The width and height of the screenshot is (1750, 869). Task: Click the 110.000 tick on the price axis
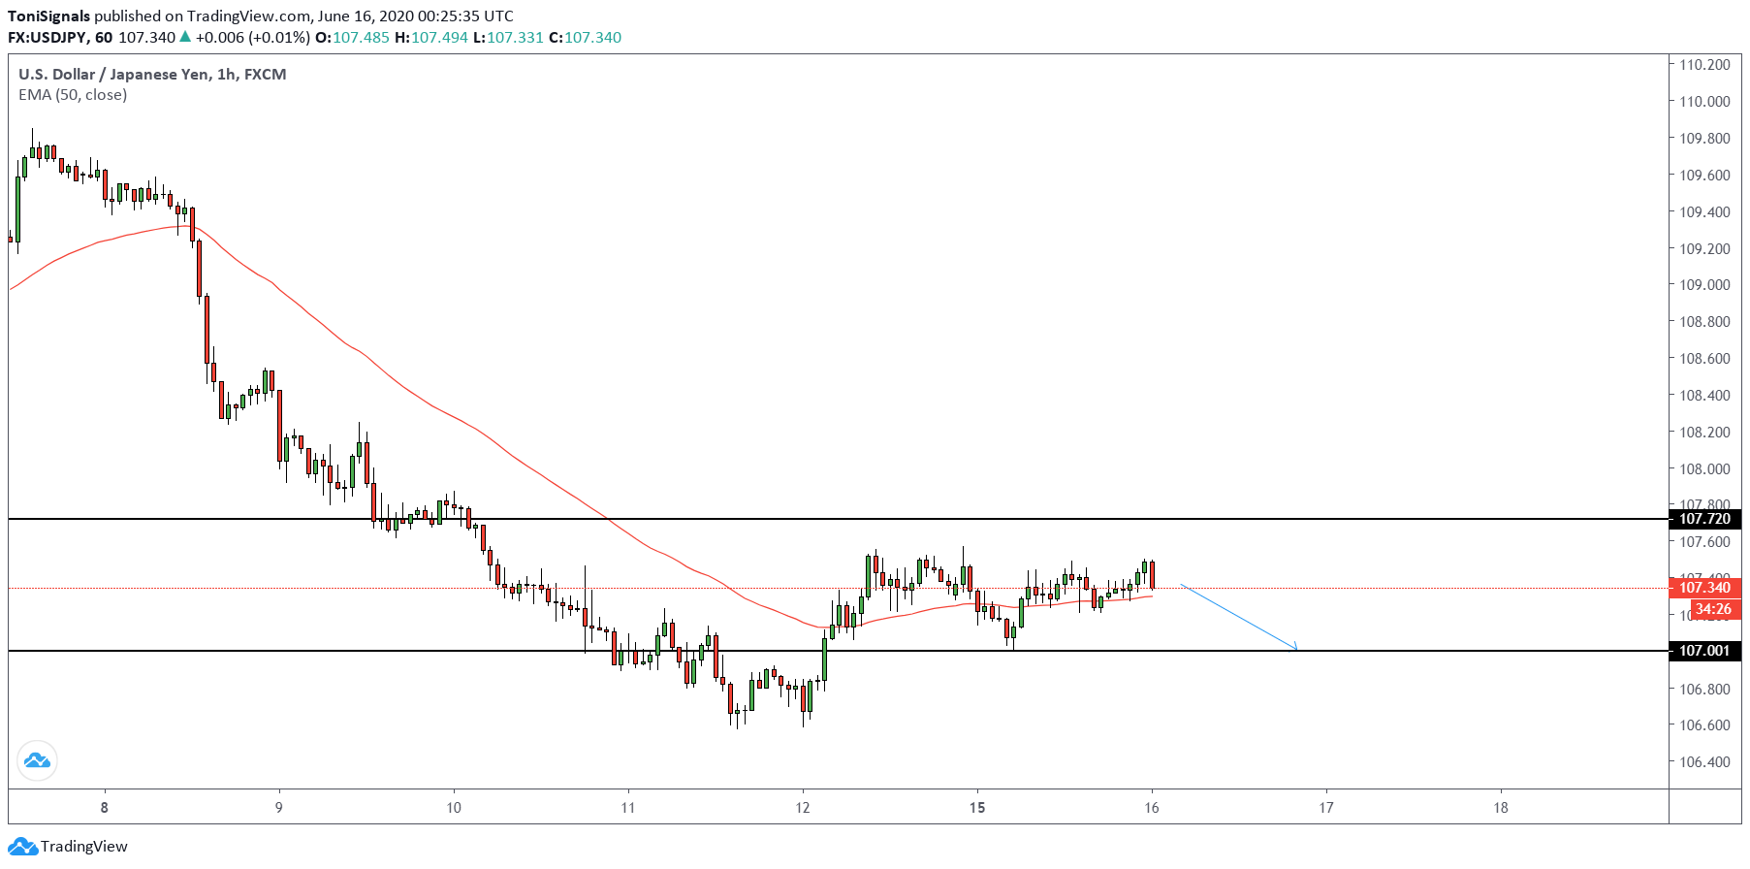[1704, 101]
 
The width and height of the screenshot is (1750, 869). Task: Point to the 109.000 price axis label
[1704, 285]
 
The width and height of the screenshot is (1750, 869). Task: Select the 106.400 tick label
[1704, 762]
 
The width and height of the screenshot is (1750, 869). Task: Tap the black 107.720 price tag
[1704, 519]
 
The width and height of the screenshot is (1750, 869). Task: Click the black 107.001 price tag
[1704, 651]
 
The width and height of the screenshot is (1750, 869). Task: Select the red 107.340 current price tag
[1704, 588]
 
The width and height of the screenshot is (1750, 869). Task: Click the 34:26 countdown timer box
[1712, 609]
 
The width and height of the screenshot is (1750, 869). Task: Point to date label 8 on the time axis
[105, 808]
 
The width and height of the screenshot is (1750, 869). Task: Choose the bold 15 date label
[977, 808]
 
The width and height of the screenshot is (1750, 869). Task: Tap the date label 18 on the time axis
[1501, 808]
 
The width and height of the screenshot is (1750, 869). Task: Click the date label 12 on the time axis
[803, 808]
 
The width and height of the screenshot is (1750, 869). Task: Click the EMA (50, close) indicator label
[73, 95]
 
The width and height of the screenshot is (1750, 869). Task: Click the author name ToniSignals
[49, 16]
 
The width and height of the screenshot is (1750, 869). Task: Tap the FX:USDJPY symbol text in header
[47, 38]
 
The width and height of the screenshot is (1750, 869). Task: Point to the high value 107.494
[439, 38]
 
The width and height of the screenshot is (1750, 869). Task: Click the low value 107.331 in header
[515, 38]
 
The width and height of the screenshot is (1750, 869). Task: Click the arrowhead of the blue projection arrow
[1294, 649]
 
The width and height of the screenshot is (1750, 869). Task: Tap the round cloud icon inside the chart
[37, 760]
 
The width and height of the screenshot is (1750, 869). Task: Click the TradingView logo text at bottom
[83, 847]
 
